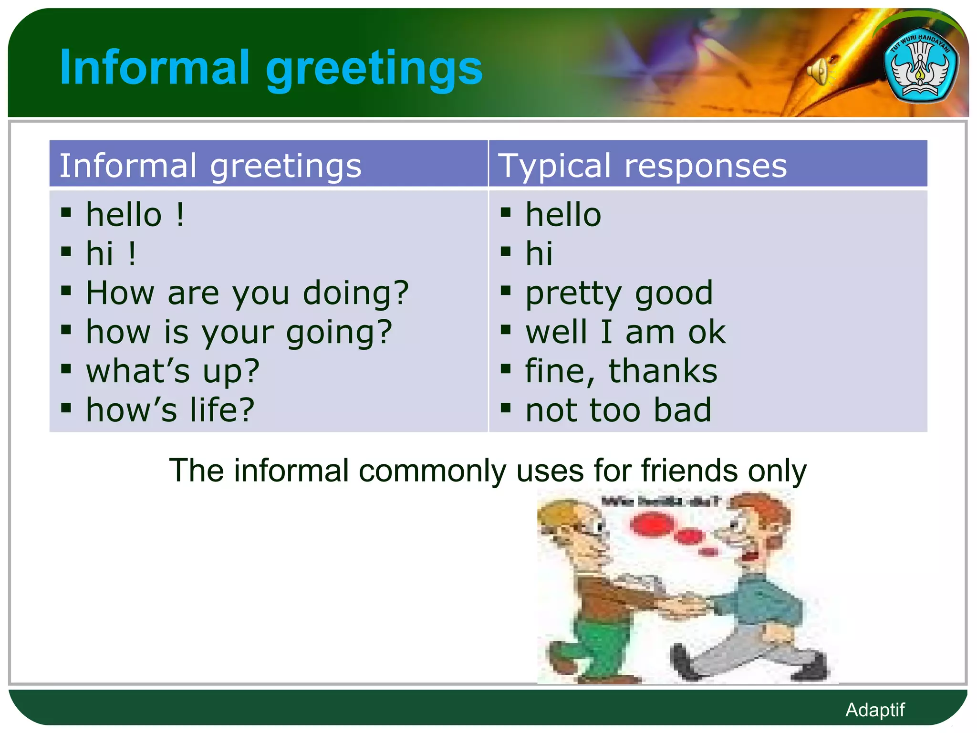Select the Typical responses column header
click(x=642, y=166)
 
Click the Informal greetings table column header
click(x=210, y=166)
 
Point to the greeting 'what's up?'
click(x=173, y=371)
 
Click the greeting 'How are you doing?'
click(x=247, y=293)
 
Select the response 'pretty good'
click(x=619, y=293)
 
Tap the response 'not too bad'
click(x=618, y=410)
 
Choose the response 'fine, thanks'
click(x=621, y=371)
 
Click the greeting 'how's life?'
click(x=170, y=410)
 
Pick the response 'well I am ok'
click(x=625, y=332)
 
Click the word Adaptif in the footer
click(x=875, y=710)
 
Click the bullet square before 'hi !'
click(x=66, y=251)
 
